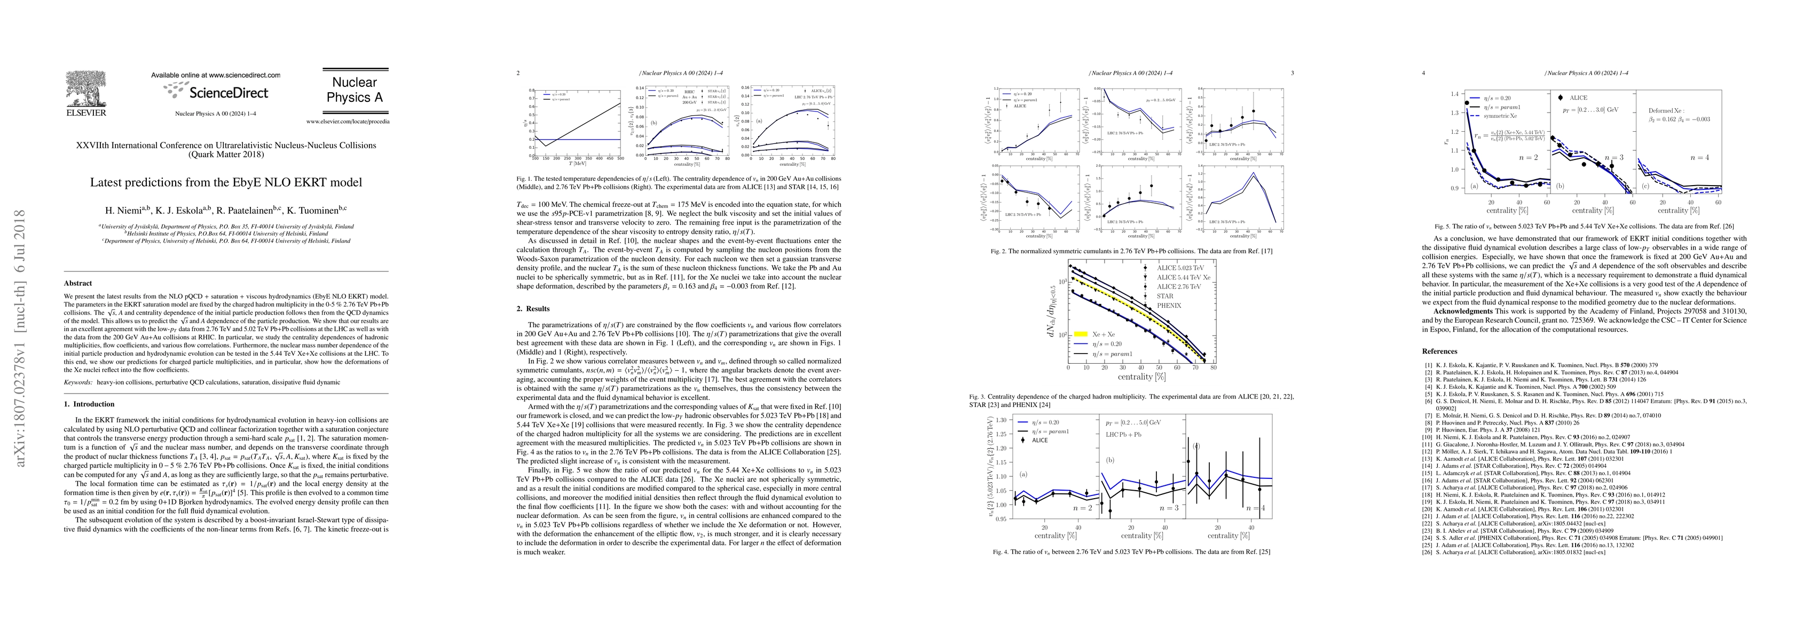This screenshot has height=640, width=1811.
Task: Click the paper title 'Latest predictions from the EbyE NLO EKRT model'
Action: click(x=226, y=182)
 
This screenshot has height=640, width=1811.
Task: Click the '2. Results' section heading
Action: click(x=533, y=308)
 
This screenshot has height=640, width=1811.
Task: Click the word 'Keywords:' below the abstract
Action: click(x=78, y=382)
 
